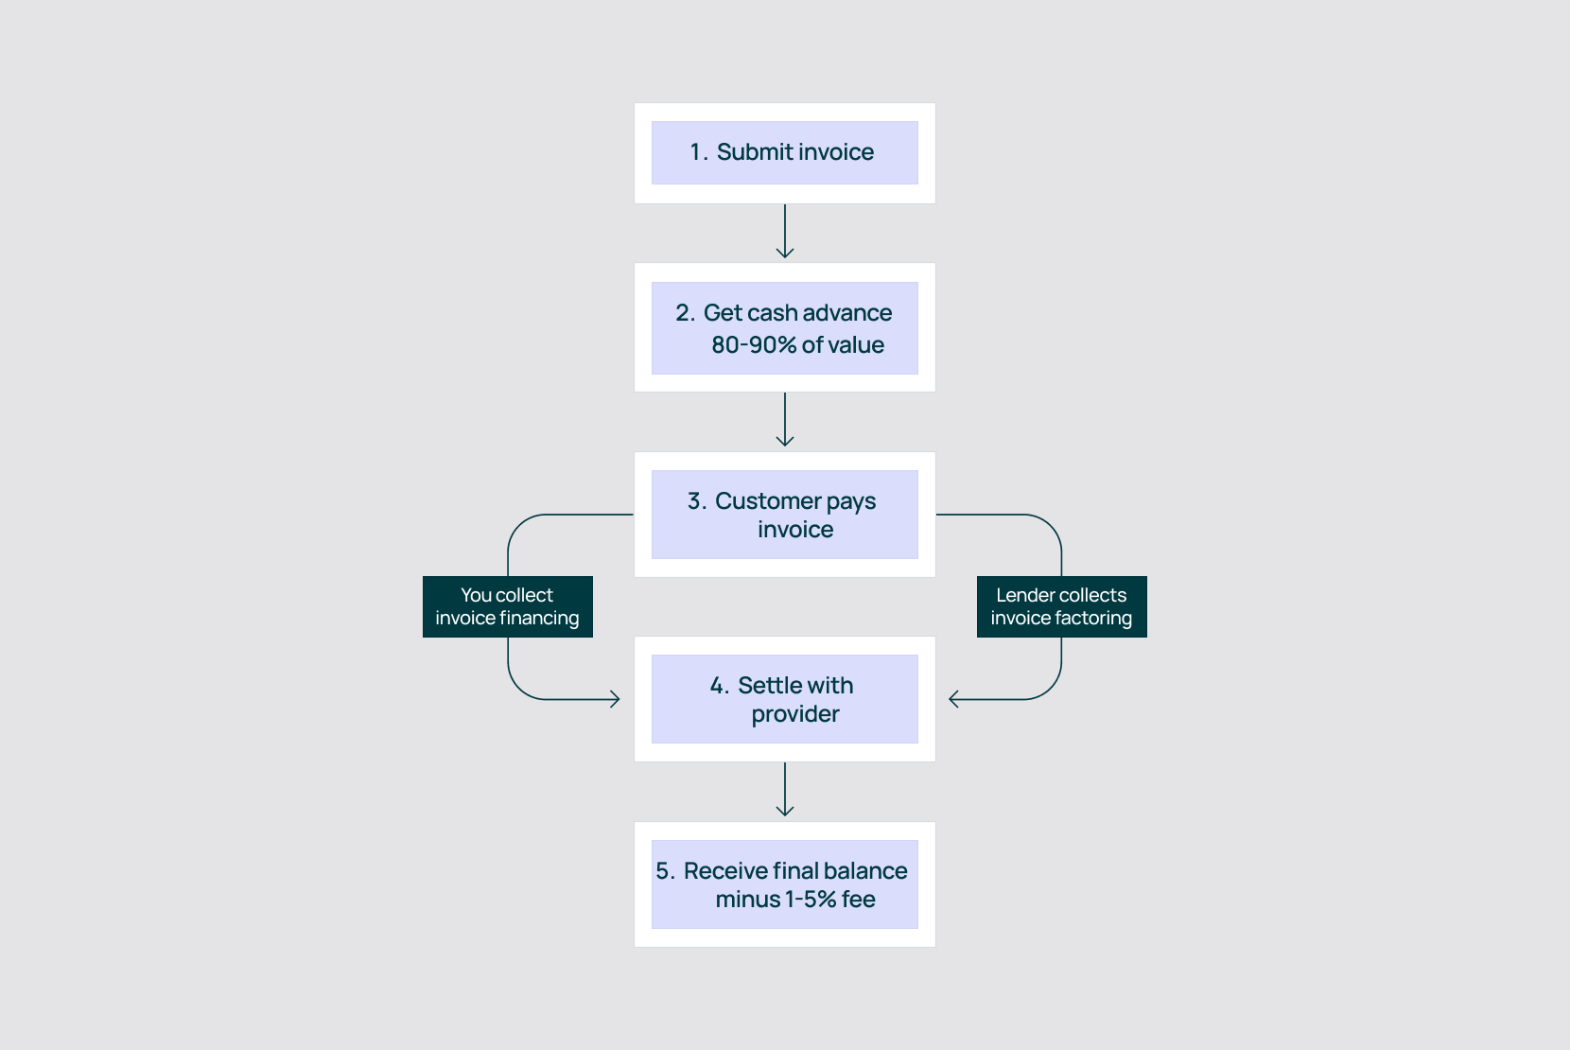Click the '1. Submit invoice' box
pyautogui.click(x=784, y=152)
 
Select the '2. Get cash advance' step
pyautogui.click(x=784, y=327)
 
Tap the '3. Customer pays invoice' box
pyautogui.click(x=784, y=515)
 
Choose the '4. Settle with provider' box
pyautogui.click(x=784, y=699)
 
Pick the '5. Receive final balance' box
pyautogui.click(x=784, y=884)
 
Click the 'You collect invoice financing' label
pyautogui.click(x=507, y=606)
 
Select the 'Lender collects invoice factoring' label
pyautogui.click(x=1061, y=606)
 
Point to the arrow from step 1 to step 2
pyautogui.click(x=785, y=232)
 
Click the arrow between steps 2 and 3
pyautogui.click(x=785, y=420)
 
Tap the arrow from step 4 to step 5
pyautogui.click(x=785, y=790)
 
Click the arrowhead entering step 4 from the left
pyautogui.click(x=614, y=699)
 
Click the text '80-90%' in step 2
pyautogui.click(x=754, y=345)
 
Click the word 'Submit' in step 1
pyautogui.click(x=755, y=152)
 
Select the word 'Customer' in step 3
pyautogui.click(x=767, y=500)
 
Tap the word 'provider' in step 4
pyautogui.click(x=795, y=714)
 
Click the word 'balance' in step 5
pyautogui.click(x=865, y=870)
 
